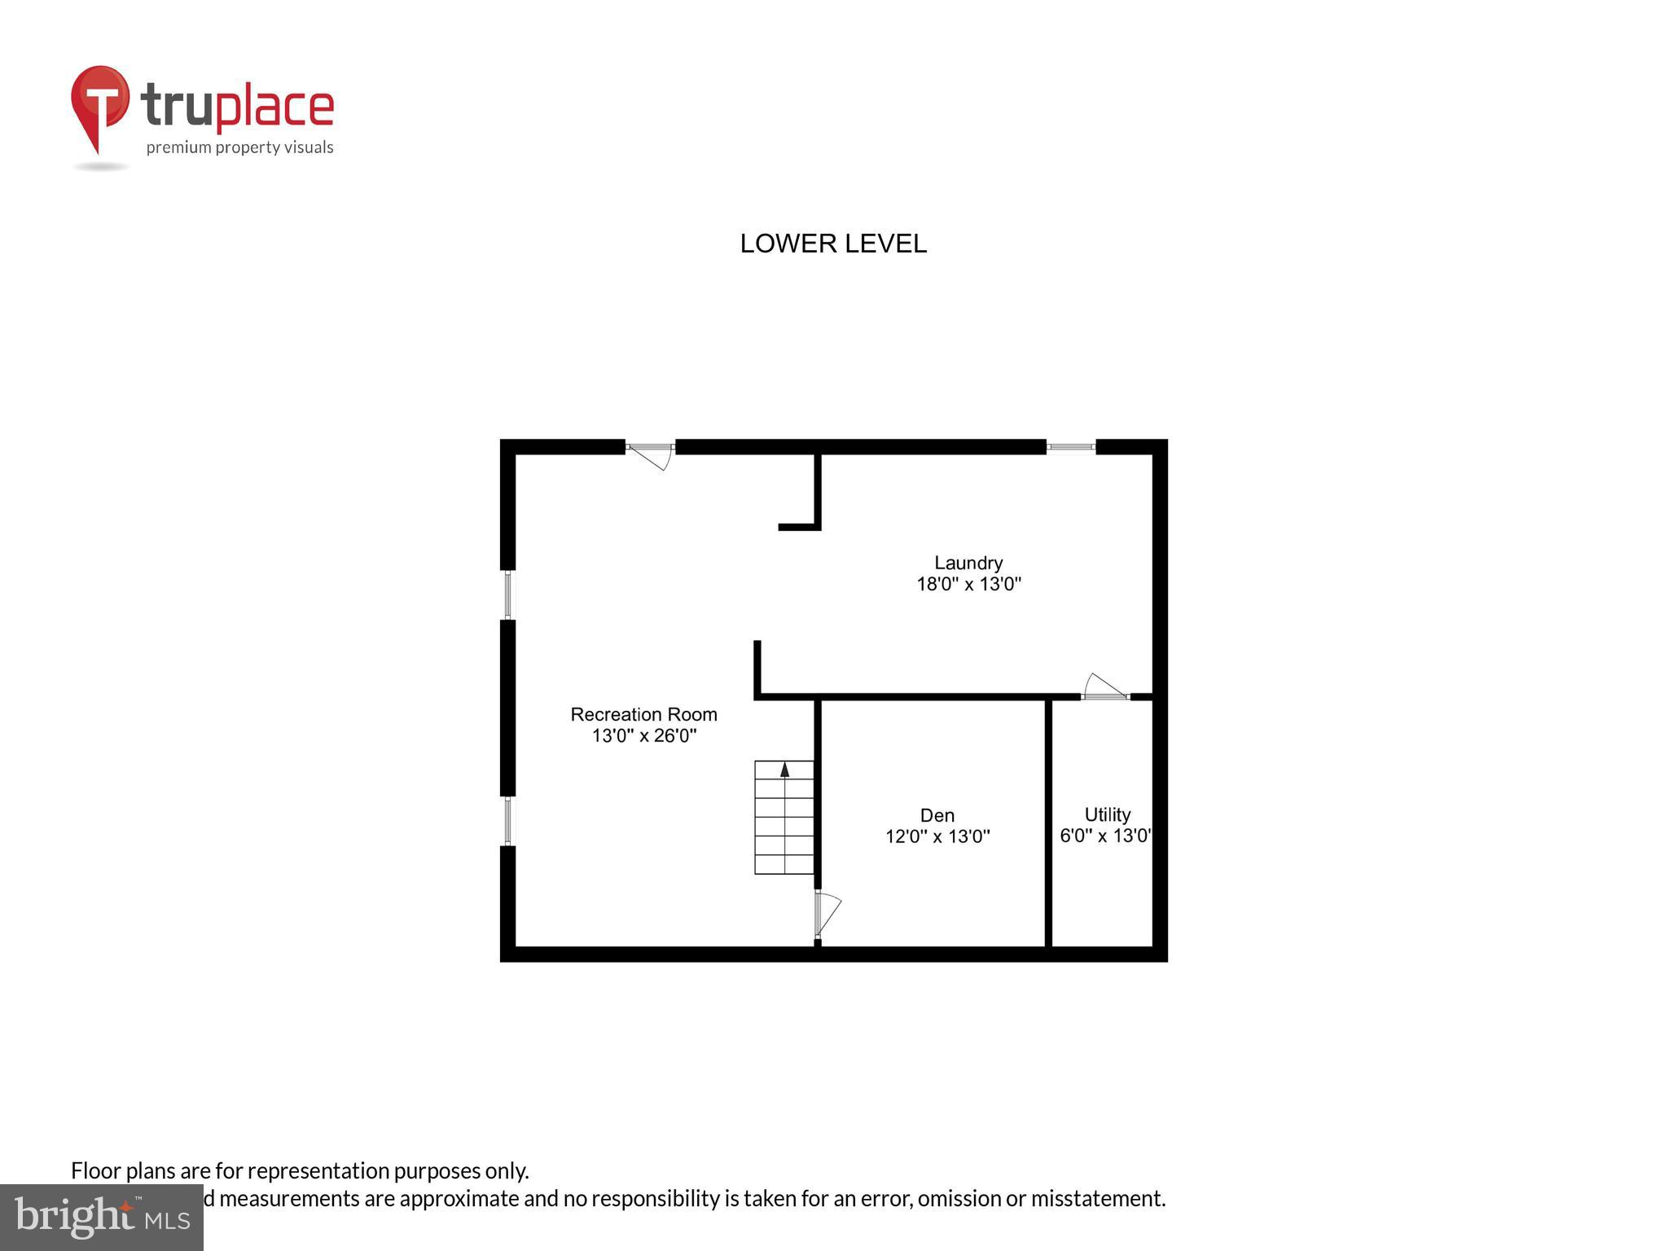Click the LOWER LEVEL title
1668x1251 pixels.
pos(832,244)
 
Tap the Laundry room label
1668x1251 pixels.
pos(968,563)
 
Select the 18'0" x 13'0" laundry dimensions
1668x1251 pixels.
pos(968,584)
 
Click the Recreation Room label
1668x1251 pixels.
pos(643,714)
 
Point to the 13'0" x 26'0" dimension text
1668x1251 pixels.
pos(643,736)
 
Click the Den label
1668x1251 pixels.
pos(937,815)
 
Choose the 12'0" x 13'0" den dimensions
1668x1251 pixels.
pos(937,836)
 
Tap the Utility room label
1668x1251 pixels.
pos(1107,814)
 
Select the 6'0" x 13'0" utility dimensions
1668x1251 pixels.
pos(1104,836)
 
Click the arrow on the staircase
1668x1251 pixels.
pos(784,770)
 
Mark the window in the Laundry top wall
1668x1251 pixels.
pos(1070,446)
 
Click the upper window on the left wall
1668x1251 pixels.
pos(507,595)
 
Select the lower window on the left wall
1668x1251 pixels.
pos(507,821)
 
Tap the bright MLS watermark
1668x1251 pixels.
pos(102,1217)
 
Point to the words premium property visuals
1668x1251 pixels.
pos(239,147)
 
